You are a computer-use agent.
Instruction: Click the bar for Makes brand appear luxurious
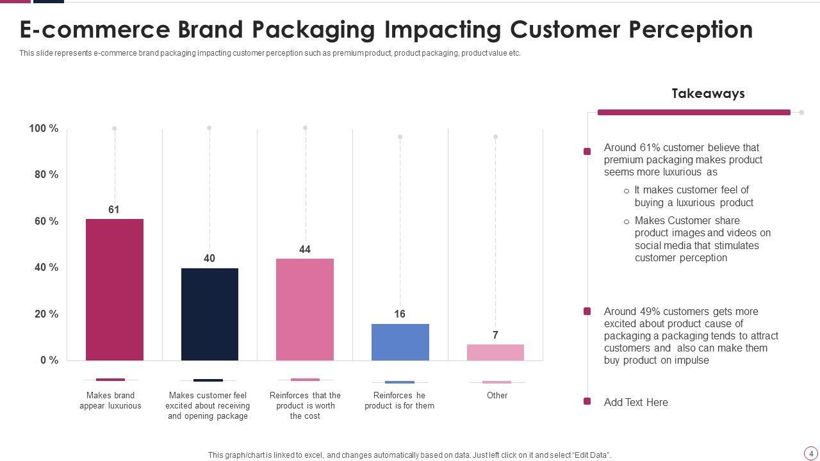pos(114,289)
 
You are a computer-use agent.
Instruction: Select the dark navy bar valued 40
pos(209,314)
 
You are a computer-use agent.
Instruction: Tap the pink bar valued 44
pos(305,309)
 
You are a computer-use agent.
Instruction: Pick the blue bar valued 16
pos(400,342)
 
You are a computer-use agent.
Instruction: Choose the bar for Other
pos(495,352)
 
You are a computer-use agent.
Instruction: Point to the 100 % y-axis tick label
pos(44,129)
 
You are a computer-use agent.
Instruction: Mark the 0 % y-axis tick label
pos(49,360)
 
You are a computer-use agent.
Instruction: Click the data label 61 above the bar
pos(114,209)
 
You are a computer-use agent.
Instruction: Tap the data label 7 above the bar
pos(495,335)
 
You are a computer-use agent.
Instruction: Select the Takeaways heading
pos(708,93)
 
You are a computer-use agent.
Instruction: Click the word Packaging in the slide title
pos(314,30)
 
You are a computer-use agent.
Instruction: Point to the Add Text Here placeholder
pos(635,402)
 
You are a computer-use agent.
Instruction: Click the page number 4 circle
pos(811,453)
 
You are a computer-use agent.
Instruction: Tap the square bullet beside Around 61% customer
pos(587,152)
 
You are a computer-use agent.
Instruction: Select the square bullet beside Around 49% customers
pos(587,311)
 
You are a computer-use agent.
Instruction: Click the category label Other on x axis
pos(497,395)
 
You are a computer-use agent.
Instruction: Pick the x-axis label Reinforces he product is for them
pos(400,400)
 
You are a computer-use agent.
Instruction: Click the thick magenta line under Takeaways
pos(694,112)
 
